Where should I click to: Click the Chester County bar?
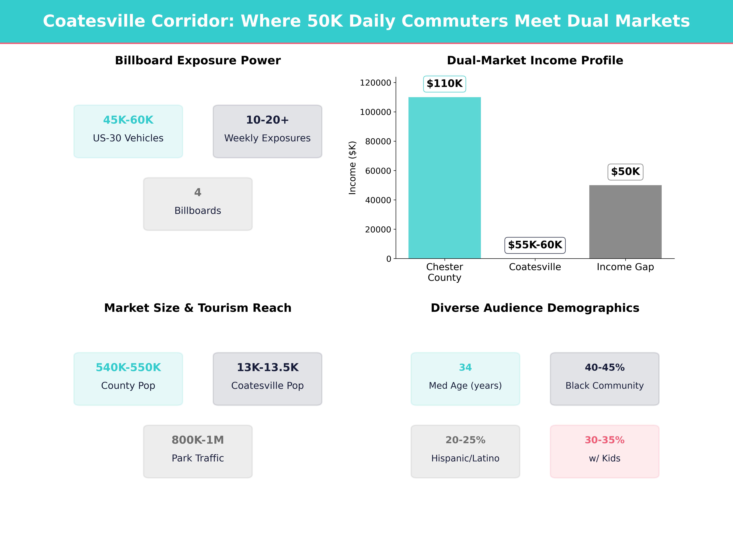tap(444, 178)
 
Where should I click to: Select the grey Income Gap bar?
tap(625, 222)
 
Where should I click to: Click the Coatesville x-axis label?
tap(535, 267)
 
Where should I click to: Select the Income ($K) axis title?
tap(352, 168)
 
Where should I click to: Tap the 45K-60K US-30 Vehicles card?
tap(128, 131)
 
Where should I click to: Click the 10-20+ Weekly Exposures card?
tap(267, 131)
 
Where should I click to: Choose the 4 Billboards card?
tap(198, 204)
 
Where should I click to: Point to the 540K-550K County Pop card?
tap(128, 379)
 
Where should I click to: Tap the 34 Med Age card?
tap(465, 379)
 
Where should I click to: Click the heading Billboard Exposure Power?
tap(198, 61)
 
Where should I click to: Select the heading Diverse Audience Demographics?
tap(535, 308)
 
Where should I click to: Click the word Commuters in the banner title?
tap(455, 21)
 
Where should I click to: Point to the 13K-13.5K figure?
tap(267, 367)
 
